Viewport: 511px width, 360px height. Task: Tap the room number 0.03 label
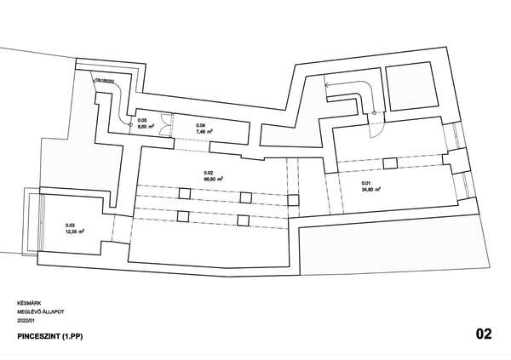71,226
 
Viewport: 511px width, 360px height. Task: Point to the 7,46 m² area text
203,132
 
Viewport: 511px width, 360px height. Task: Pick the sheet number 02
483,334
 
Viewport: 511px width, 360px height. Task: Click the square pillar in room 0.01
389,163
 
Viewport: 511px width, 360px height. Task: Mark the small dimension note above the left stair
107,79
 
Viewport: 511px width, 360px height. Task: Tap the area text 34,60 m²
370,191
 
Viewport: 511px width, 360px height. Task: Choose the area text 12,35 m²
75,231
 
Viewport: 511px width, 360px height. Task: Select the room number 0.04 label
200,125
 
